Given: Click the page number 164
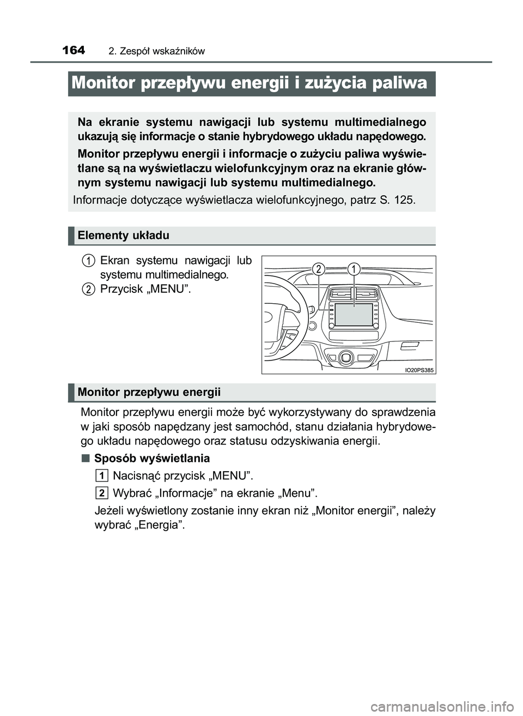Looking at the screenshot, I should click(x=74, y=50).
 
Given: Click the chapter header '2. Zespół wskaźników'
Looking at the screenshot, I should click(x=156, y=51).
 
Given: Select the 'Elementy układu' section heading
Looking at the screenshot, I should click(x=123, y=236).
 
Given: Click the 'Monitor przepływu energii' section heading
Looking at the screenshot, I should click(x=149, y=392).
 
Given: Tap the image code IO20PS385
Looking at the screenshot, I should click(x=419, y=370).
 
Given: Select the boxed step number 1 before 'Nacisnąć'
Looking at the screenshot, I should click(x=101, y=475).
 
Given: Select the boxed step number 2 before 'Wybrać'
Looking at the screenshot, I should click(x=101, y=493).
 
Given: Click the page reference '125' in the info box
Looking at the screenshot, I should click(x=403, y=200).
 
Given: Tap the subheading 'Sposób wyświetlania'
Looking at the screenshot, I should click(x=151, y=458).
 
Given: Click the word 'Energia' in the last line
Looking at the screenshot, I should click(x=161, y=525).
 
